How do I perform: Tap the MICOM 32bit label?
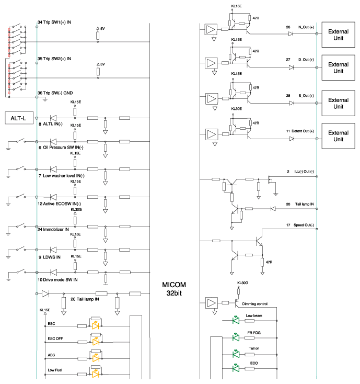coord(174,289)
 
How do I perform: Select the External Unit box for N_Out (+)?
coord(338,35)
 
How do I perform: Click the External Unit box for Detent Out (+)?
coord(338,136)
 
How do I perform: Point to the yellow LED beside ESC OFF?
coord(96,342)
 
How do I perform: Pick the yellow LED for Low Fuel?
coord(96,374)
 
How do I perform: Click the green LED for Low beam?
coord(236,320)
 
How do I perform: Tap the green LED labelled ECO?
coord(236,368)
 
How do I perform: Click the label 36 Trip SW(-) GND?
coord(55,93)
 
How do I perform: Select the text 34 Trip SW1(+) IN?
coord(54,22)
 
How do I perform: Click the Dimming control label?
coord(255,304)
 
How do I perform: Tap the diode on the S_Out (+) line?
coord(292,103)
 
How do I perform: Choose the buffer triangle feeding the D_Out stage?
coord(211,63)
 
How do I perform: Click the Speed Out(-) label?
coord(304,225)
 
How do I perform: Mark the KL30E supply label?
coord(237,109)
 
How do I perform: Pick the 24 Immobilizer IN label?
coord(53,230)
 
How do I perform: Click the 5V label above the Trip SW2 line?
coord(102,64)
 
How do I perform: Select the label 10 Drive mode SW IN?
coord(57,280)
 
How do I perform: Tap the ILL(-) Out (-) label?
coord(304,172)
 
